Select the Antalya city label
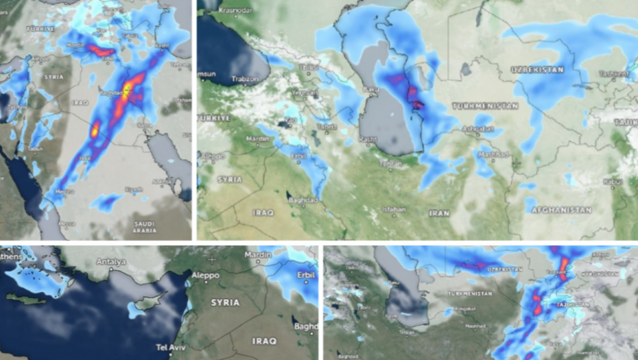tap(110, 262)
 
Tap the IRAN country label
tap(439, 213)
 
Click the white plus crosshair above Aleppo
tap(213, 259)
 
